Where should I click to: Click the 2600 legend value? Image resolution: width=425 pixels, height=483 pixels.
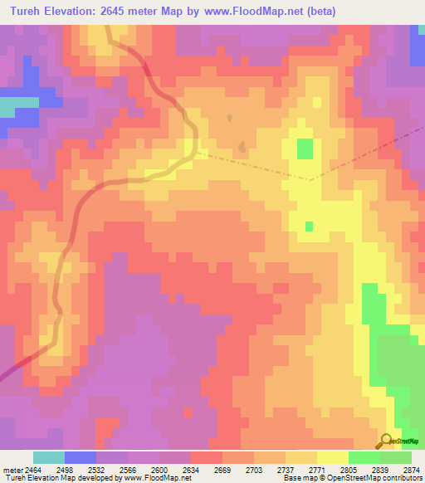(161, 470)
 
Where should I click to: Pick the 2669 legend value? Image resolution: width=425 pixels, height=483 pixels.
(222, 470)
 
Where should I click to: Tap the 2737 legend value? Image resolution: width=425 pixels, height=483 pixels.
(286, 470)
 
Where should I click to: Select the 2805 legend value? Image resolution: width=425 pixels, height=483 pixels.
(348, 470)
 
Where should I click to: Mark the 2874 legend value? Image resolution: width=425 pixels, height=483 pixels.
(410, 470)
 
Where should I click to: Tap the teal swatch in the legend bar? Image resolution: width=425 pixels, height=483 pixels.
(49, 457)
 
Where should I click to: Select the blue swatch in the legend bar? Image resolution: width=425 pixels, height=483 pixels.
(81, 457)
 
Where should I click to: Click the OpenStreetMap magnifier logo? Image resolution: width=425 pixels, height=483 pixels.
(386, 441)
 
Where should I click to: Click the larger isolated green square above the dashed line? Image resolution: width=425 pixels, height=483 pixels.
(305, 149)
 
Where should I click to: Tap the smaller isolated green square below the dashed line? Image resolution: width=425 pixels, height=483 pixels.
(309, 226)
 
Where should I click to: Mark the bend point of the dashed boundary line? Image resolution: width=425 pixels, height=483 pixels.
(310, 179)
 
